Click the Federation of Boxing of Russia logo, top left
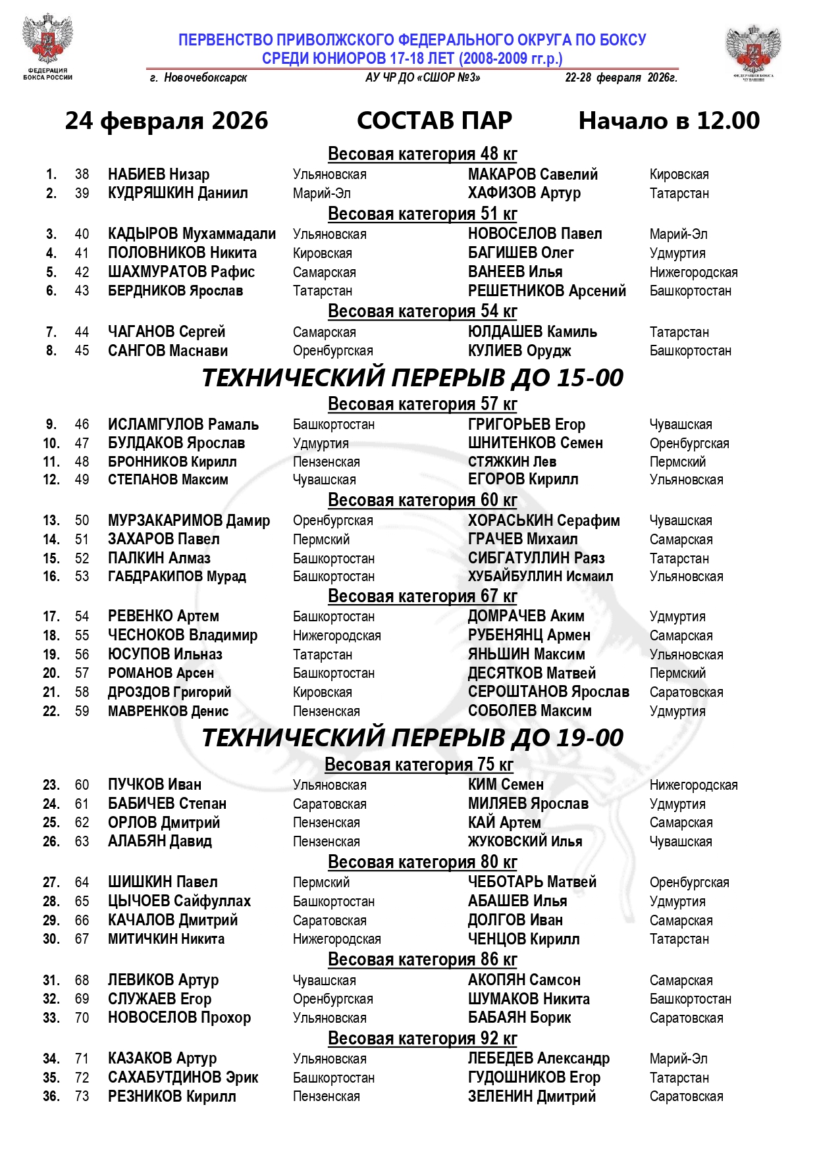47,45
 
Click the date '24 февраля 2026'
167,120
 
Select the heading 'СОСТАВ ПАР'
435,120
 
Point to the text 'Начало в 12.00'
669,120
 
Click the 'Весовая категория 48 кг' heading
422,154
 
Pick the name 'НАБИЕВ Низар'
159,174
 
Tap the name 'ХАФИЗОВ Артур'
524,193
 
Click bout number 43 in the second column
82,291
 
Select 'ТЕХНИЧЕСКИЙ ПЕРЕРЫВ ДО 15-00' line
412,378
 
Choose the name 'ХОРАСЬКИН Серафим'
544,521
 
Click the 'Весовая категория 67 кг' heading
422,596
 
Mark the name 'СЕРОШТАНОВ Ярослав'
548,692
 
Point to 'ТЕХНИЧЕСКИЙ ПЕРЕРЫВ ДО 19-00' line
412,738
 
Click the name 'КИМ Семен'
506,785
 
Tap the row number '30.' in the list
51,939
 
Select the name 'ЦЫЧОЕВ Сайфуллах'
179,902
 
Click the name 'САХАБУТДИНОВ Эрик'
183,1078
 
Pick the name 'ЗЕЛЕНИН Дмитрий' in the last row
532,1096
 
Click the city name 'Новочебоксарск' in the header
205,78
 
